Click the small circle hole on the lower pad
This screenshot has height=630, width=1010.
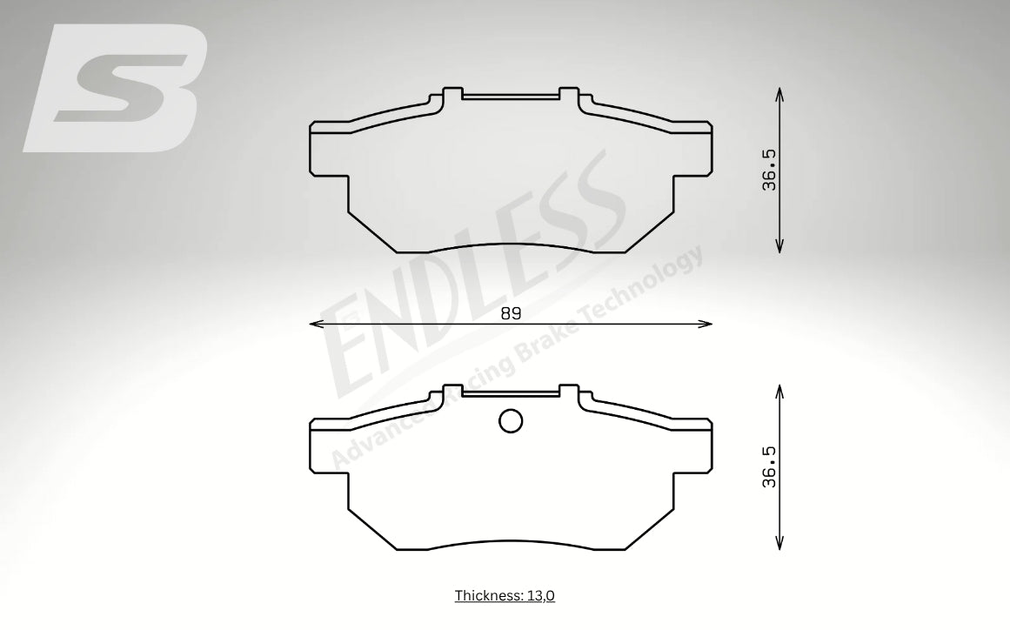[x=511, y=421]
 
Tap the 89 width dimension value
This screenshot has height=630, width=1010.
[x=511, y=314]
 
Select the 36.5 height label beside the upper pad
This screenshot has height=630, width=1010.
[x=769, y=170]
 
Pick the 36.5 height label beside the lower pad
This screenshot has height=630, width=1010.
[x=769, y=466]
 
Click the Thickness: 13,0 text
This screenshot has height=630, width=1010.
[x=505, y=595]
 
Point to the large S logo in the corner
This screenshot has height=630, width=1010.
[x=116, y=88]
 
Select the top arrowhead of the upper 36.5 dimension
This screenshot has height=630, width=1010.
[x=779, y=94]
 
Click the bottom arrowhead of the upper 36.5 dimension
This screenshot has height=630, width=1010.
[x=779, y=245]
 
